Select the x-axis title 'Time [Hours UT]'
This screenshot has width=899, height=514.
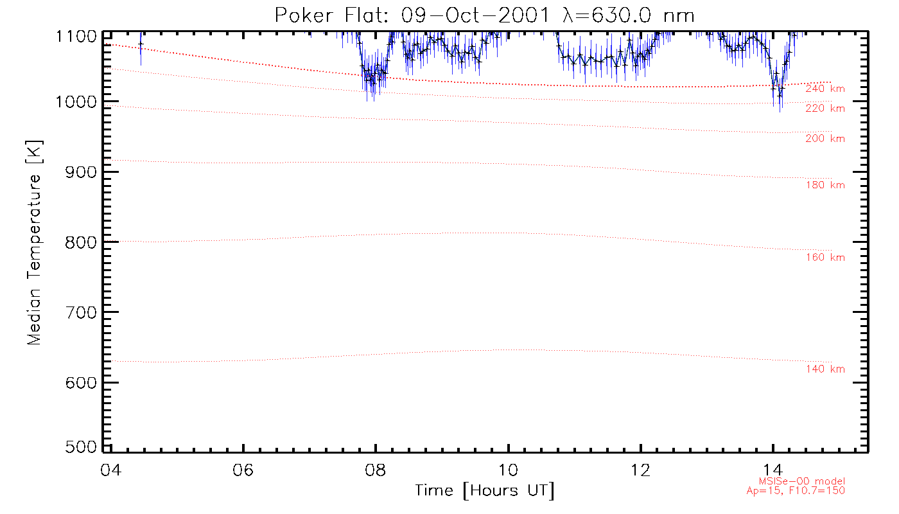[x=485, y=490]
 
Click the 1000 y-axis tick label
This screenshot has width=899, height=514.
[x=76, y=102]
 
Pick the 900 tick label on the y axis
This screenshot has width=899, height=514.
[x=80, y=172]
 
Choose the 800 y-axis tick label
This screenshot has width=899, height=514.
[x=80, y=242]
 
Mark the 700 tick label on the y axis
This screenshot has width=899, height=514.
[x=80, y=312]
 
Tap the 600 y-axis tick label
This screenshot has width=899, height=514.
[x=80, y=382]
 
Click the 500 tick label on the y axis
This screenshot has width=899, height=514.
[x=80, y=447]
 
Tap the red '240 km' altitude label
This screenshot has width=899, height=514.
[x=825, y=89]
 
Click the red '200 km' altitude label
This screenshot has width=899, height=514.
[x=825, y=139]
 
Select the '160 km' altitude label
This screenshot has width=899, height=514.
[x=825, y=258]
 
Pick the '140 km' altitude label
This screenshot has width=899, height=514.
[x=825, y=369]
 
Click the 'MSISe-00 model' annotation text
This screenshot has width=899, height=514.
[x=802, y=481]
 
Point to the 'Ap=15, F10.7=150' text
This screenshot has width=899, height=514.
[x=802, y=491]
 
